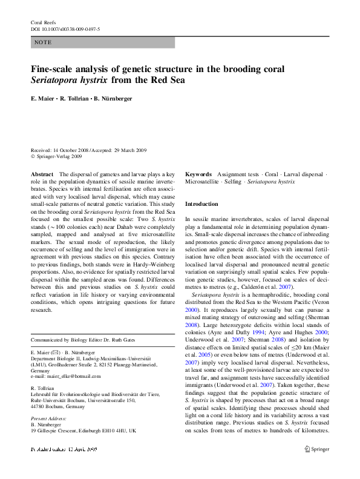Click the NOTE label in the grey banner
coord(44,42)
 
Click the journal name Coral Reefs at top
coord(43,22)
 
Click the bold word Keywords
coord(198,174)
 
